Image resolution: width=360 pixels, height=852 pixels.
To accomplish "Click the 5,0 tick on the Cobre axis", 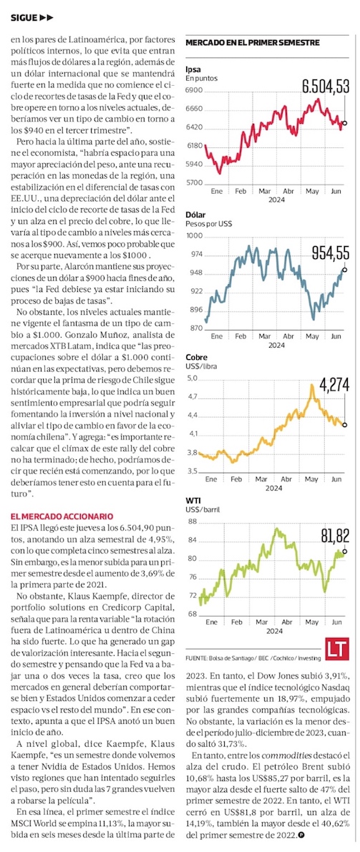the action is point(191,378).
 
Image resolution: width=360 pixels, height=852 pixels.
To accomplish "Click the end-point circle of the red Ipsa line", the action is point(344,123).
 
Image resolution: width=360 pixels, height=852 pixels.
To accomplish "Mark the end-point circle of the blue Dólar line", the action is point(344,270).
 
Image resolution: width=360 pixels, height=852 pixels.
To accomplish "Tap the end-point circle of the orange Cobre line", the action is point(344,425).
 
